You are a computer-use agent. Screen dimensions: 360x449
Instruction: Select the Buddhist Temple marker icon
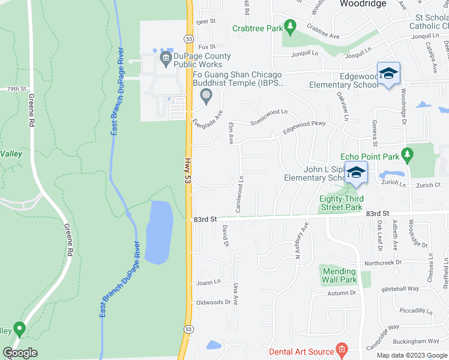click(205, 95)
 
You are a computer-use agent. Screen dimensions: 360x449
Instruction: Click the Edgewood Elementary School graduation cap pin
click(388, 74)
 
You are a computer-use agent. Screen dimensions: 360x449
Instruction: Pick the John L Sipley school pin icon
click(356, 172)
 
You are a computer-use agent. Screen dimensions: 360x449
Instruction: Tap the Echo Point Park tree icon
click(408, 156)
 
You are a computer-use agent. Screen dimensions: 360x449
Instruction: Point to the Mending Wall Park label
click(340, 275)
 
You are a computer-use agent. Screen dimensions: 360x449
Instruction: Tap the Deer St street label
click(206, 21)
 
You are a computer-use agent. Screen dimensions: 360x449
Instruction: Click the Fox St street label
click(206, 46)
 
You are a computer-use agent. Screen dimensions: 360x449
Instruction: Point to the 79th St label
click(17, 89)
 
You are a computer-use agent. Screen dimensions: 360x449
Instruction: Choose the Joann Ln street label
click(208, 283)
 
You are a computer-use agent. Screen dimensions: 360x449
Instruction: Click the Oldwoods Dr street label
click(214, 302)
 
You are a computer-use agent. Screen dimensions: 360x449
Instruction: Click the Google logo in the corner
click(20, 353)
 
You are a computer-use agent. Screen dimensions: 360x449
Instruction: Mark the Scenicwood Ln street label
click(270, 112)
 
